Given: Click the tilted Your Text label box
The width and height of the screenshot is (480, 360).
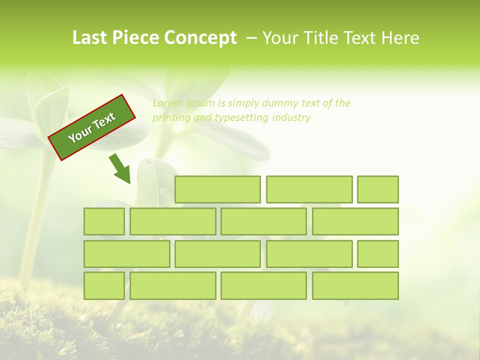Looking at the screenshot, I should coord(92,127).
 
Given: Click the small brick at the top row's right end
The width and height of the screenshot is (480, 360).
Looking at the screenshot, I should coord(378,189).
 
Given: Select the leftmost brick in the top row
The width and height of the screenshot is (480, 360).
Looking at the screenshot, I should coord(217,189).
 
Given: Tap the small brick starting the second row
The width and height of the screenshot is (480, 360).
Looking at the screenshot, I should coord(104,221).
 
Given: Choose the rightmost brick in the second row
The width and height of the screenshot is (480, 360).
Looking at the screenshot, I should coord(355,221).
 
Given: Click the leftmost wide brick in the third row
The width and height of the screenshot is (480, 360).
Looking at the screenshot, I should coord(126,254).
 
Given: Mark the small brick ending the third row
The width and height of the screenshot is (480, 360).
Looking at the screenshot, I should coord(378,254).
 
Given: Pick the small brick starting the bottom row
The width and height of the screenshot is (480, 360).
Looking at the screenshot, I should coord(104,286).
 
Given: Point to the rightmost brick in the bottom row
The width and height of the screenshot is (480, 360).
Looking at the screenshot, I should coord(355,286).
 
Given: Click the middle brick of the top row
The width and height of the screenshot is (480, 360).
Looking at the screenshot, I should coord(309,189).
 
